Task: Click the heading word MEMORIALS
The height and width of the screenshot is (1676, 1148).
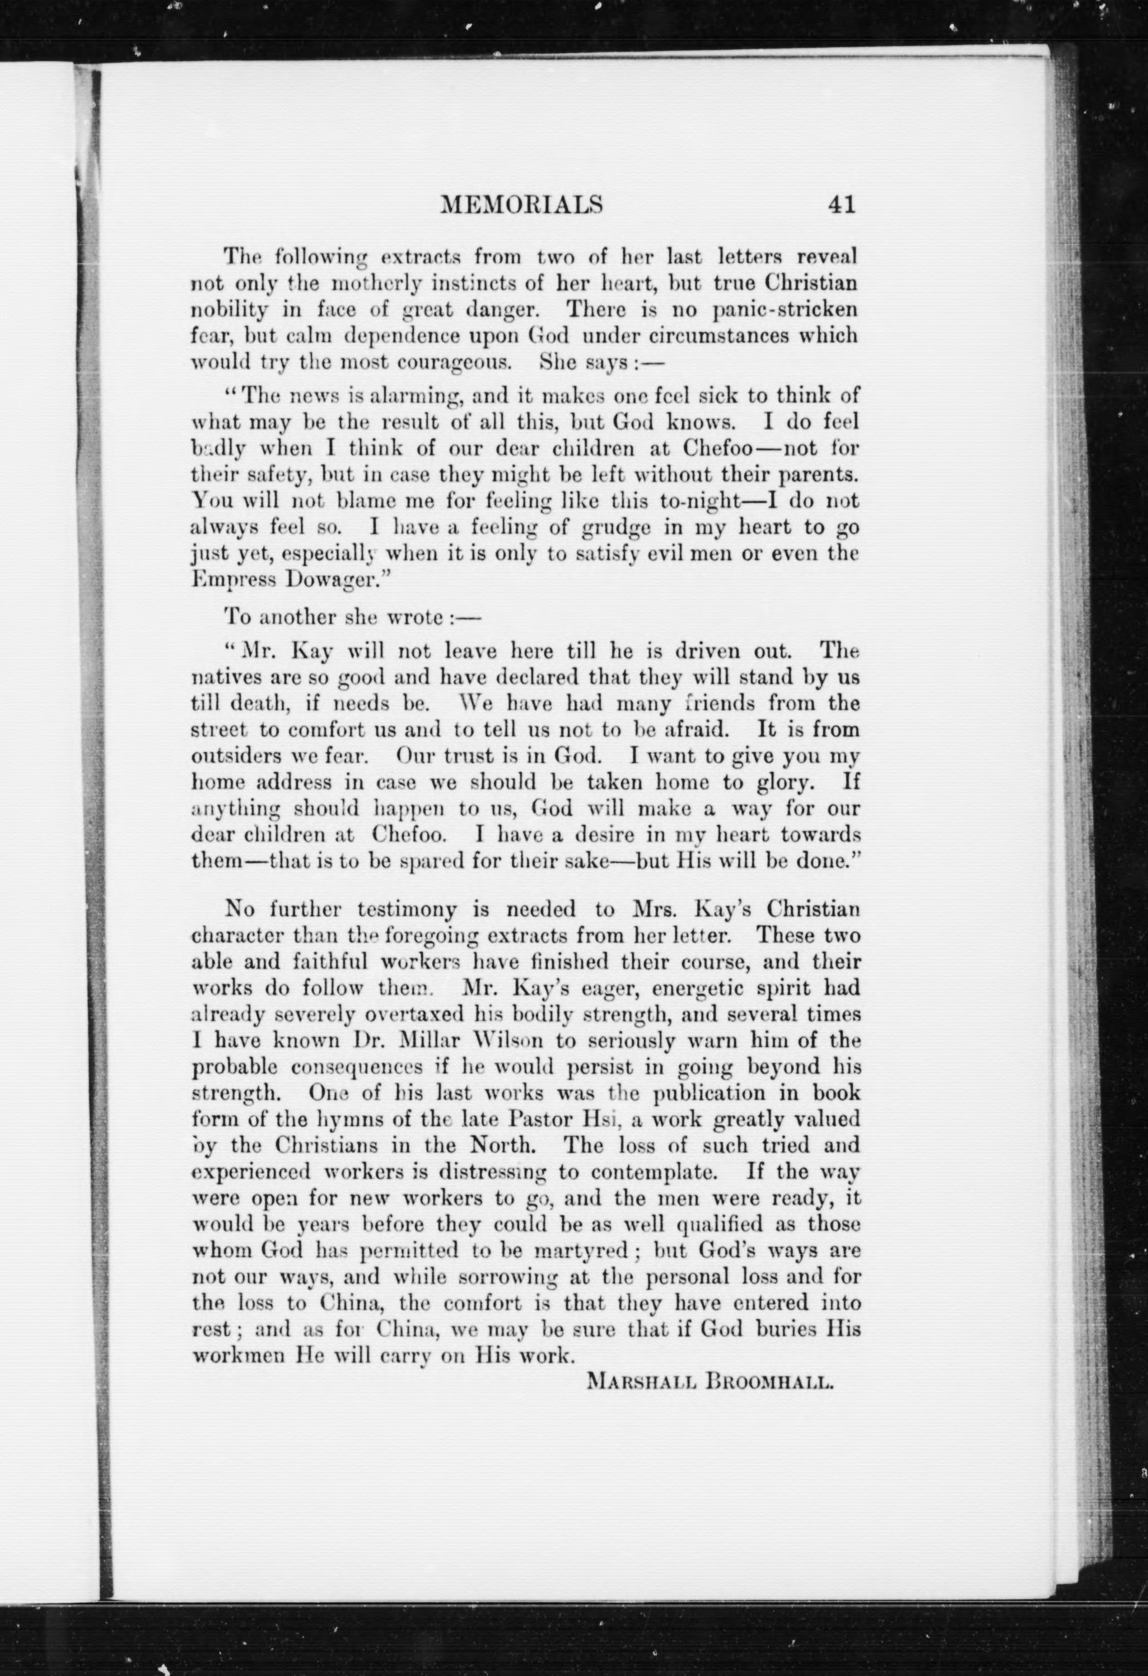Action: point(521,206)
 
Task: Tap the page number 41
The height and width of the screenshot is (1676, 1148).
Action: point(842,206)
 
